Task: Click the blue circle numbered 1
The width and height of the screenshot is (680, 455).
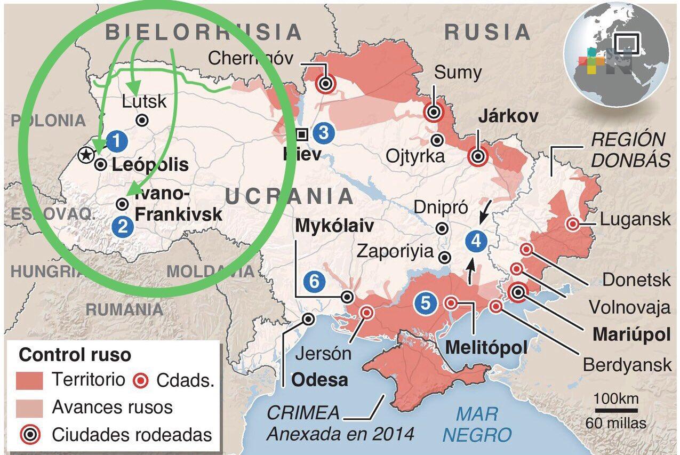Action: [x=117, y=141]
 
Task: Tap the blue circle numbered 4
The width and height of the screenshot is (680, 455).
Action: [x=475, y=241]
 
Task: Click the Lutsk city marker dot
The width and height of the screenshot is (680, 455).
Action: [x=142, y=121]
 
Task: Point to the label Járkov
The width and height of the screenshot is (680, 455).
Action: [x=508, y=116]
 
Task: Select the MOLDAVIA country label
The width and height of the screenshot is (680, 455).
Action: [x=211, y=271]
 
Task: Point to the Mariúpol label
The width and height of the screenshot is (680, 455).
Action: [x=631, y=335]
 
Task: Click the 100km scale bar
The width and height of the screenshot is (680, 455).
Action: [x=617, y=410]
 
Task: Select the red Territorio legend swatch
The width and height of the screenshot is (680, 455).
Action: [x=30, y=380]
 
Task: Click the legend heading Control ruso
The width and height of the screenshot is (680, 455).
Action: [x=75, y=355]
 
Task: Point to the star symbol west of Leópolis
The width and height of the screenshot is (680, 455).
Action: [x=84, y=155]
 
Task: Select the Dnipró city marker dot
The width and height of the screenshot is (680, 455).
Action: [x=442, y=228]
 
